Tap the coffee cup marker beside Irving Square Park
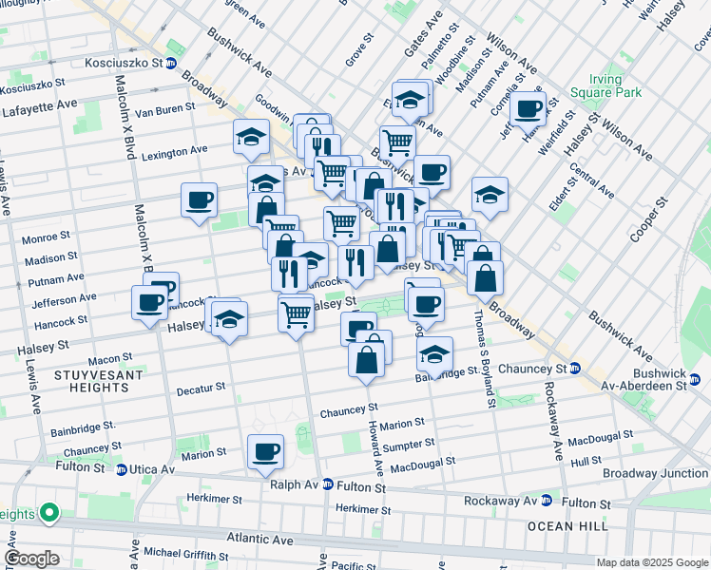click(528, 108)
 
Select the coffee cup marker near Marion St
click(265, 451)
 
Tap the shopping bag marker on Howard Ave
click(366, 360)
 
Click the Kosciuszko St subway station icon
click(170, 64)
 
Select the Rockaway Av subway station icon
click(547, 501)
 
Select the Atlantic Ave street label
click(257, 539)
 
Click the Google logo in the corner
click(32, 560)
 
